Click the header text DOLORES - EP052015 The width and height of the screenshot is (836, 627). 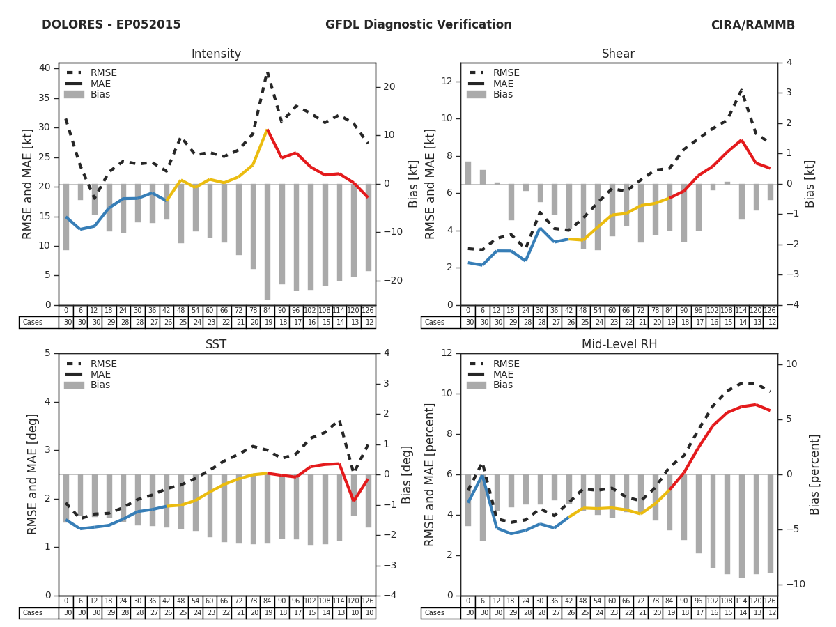click(x=111, y=25)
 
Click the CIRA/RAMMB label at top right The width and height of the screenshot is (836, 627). click(x=752, y=25)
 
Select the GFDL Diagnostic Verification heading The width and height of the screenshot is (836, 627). click(x=418, y=25)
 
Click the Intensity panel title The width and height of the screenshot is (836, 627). click(x=216, y=54)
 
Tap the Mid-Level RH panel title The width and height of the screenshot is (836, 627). click(x=619, y=345)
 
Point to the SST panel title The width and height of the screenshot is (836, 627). click(x=216, y=345)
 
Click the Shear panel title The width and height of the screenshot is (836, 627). click(x=619, y=54)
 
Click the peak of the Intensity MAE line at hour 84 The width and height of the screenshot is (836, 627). click(x=267, y=130)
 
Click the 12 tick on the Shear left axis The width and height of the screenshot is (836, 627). click(x=447, y=82)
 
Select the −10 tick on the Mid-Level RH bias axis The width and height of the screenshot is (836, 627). click(x=793, y=584)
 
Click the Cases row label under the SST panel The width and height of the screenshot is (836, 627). click(x=32, y=613)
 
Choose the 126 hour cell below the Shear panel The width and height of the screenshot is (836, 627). click(x=770, y=311)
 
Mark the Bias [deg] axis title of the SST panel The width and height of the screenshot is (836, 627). click(x=408, y=474)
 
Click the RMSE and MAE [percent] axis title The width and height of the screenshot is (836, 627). click(x=431, y=474)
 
